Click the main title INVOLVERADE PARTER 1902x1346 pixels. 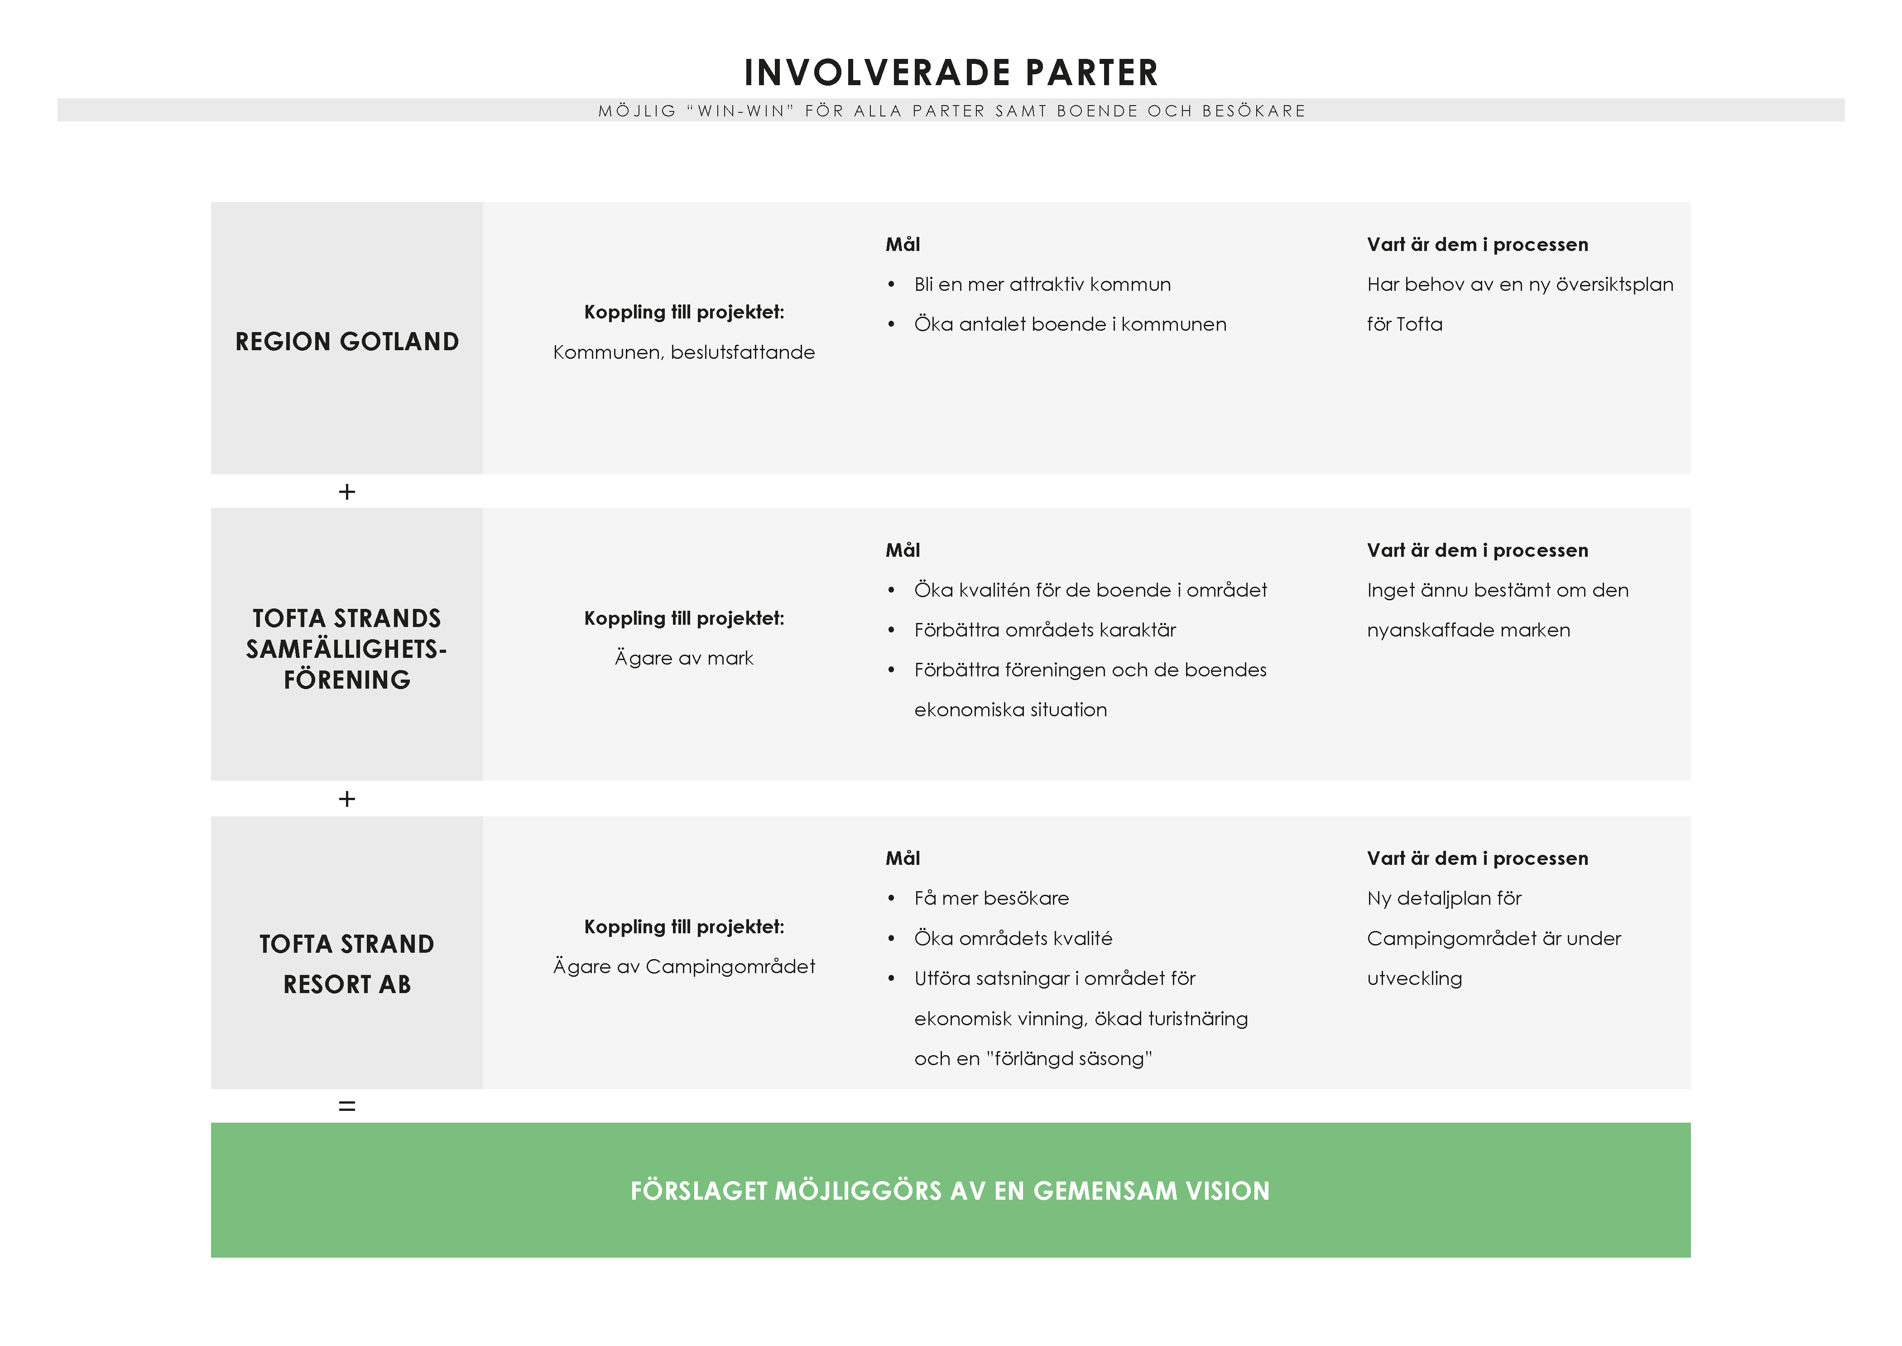(951, 73)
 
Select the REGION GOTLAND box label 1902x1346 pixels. (347, 342)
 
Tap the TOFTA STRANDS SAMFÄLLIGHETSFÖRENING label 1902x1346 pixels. (347, 649)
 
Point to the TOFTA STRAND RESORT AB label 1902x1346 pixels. (347, 964)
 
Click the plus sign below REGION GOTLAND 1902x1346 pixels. (347, 492)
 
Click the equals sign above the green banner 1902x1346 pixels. (347, 1105)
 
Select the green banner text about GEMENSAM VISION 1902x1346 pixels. (950, 1191)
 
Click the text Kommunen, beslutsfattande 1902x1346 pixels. (684, 353)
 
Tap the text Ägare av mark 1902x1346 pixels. (684, 658)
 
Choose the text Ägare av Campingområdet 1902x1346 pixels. (684, 966)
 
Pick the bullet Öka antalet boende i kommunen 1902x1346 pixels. (1070, 324)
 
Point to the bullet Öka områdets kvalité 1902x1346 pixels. (1013, 938)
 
